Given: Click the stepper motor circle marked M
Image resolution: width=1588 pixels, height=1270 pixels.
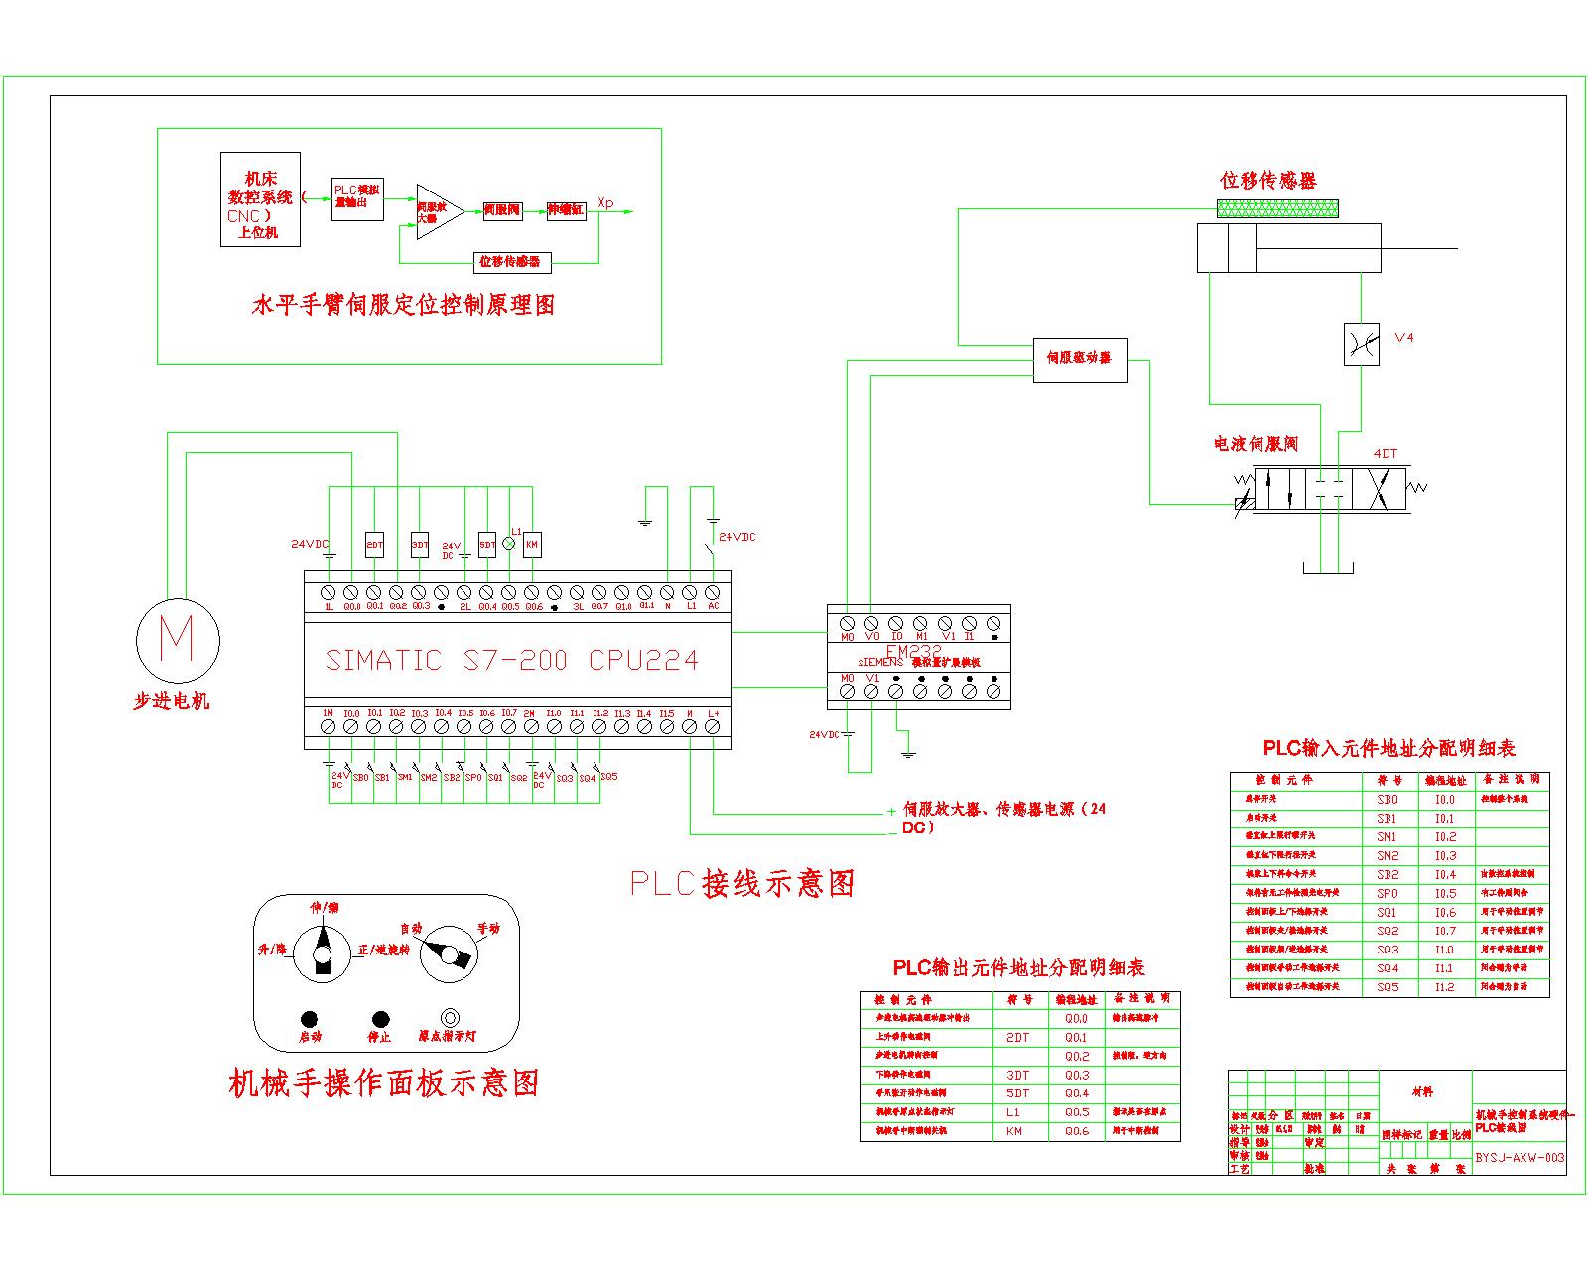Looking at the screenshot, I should (x=177, y=638).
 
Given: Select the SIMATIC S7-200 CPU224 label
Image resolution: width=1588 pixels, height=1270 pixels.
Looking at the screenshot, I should (x=512, y=661).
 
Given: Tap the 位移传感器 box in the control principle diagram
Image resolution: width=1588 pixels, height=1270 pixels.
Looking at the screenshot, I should (x=510, y=262).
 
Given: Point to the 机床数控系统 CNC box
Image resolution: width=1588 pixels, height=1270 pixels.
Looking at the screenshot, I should (x=261, y=198).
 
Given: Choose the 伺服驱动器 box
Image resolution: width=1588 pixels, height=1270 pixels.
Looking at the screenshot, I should (x=1080, y=358).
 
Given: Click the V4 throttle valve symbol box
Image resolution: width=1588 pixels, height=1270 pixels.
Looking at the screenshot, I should (x=1361, y=344).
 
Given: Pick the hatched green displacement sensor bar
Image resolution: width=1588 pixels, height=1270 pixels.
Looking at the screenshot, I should (x=1277, y=208).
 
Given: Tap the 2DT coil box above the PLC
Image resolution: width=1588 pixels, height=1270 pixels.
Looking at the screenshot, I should (x=374, y=545).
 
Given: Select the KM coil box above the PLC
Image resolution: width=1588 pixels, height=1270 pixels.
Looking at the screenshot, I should (x=532, y=545).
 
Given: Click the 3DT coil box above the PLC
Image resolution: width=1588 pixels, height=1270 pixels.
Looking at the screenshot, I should (x=420, y=545).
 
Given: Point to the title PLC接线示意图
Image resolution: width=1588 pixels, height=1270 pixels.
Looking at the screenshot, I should (x=742, y=883).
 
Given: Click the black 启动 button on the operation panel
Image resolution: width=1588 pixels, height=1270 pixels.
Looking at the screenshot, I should (x=309, y=1019).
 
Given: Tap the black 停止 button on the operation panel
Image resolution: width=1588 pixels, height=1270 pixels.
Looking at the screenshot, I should (x=379, y=1019).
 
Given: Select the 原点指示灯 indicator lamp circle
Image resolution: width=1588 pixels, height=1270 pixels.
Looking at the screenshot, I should (x=450, y=1018).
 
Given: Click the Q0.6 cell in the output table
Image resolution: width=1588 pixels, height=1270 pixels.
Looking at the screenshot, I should (x=1077, y=1131).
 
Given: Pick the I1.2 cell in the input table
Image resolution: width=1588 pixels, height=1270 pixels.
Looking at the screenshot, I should (x=1444, y=987).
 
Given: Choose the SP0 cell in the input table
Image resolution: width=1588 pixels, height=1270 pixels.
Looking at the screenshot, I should (x=1388, y=893).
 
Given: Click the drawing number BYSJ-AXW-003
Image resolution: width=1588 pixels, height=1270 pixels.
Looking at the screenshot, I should (x=1520, y=1157).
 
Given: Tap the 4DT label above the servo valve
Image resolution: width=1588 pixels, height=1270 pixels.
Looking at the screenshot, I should (x=1385, y=454).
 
